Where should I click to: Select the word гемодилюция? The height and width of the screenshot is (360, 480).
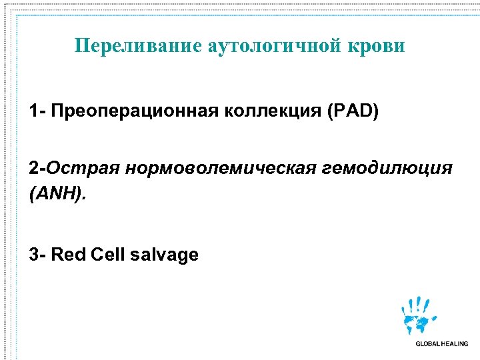(x=387, y=167)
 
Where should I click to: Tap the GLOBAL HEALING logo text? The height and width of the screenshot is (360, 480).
(x=441, y=344)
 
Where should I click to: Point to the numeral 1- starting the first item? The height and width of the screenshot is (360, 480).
(x=37, y=111)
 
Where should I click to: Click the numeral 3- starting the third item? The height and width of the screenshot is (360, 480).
(x=37, y=254)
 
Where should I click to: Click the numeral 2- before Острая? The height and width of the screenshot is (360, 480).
(x=37, y=167)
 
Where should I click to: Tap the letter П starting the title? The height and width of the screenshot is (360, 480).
(x=82, y=46)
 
